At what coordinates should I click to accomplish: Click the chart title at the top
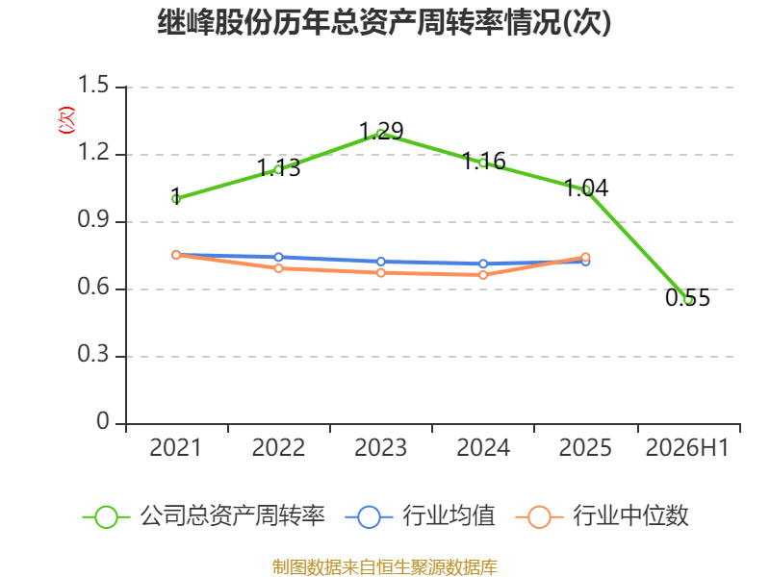[384, 22]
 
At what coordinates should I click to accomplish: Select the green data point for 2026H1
[688, 300]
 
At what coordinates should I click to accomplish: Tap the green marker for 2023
[381, 134]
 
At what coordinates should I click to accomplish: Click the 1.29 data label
[381, 131]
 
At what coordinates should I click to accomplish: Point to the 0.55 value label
[687, 298]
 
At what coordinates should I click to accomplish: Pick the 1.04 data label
[586, 188]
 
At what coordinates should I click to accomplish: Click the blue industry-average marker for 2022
[278, 257]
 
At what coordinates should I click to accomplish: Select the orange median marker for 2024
[483, 275]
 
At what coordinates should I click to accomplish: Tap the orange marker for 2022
[278, 268]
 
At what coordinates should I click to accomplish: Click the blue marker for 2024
[483, 263]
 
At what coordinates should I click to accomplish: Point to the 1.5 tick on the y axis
[93, 85]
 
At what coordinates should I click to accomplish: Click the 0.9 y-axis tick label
[93, 220]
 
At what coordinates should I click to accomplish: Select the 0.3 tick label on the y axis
[93, 354]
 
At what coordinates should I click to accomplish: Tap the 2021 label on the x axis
[175, 448]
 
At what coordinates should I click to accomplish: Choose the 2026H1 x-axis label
[687, 448]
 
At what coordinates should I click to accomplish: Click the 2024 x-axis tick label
[483, 448]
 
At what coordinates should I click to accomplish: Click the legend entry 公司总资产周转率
[204, 516]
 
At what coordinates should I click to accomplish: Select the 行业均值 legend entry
[421, 516]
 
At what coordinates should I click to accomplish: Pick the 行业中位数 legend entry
[603, 516]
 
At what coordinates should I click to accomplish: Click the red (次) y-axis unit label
[66, 120]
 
